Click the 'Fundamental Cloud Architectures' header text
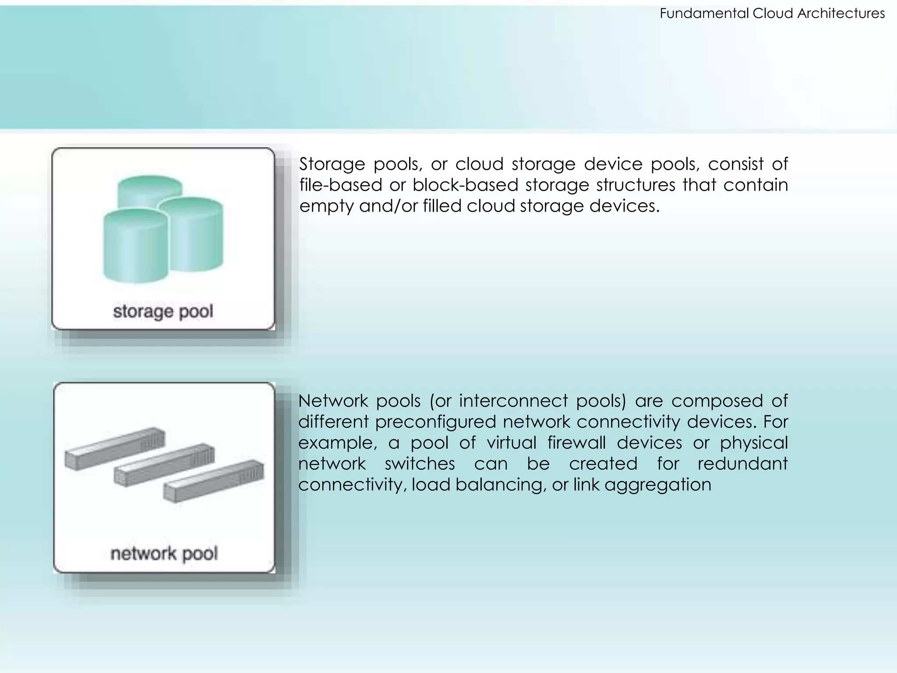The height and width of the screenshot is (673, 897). tap(772, 14)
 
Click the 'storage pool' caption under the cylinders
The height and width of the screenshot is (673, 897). tap(163, 312)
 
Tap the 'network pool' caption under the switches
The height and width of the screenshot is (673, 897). tap(164, 553)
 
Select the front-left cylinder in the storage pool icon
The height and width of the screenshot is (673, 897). tap(135, 248)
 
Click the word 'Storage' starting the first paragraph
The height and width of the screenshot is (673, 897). tap(332, 164)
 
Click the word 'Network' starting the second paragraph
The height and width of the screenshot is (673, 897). tap(333, 401)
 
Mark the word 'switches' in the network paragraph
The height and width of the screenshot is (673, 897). tap(420, 464)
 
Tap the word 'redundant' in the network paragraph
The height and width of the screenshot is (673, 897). tap(742, 464)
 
